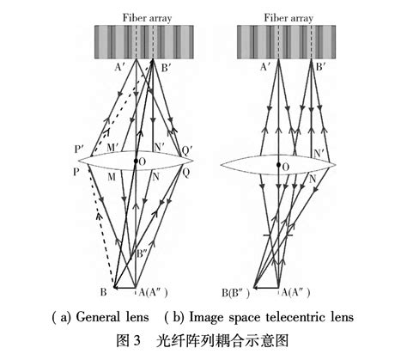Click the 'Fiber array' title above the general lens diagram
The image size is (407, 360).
point(134,15)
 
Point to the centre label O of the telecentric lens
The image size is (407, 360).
point(286,166)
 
